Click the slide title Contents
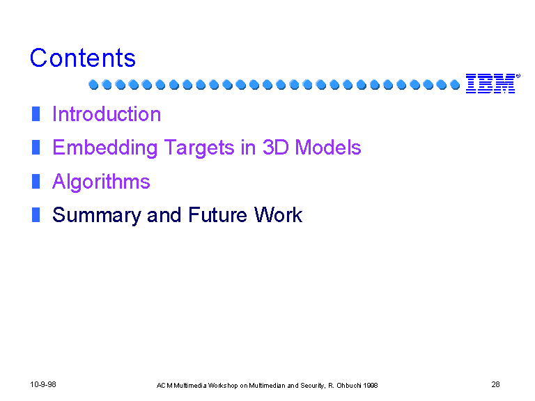(83, 58)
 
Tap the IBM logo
(493, 84)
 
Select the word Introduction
(107, 114)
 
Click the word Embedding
(104, 148)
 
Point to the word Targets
(199, 148)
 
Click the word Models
(328, 148)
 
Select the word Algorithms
(101, 182)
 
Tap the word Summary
(97, 216)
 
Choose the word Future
(217, 215)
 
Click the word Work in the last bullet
(278, 215)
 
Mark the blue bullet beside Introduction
(36, 114)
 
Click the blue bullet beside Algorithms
(36, 181)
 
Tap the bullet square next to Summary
(36, 215)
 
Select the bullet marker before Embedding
(36, 148)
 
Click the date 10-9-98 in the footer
(43, 384)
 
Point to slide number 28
(495, 384)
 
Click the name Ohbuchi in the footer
(349, 386)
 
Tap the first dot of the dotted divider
(93, 84)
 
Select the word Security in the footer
(313, 386)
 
